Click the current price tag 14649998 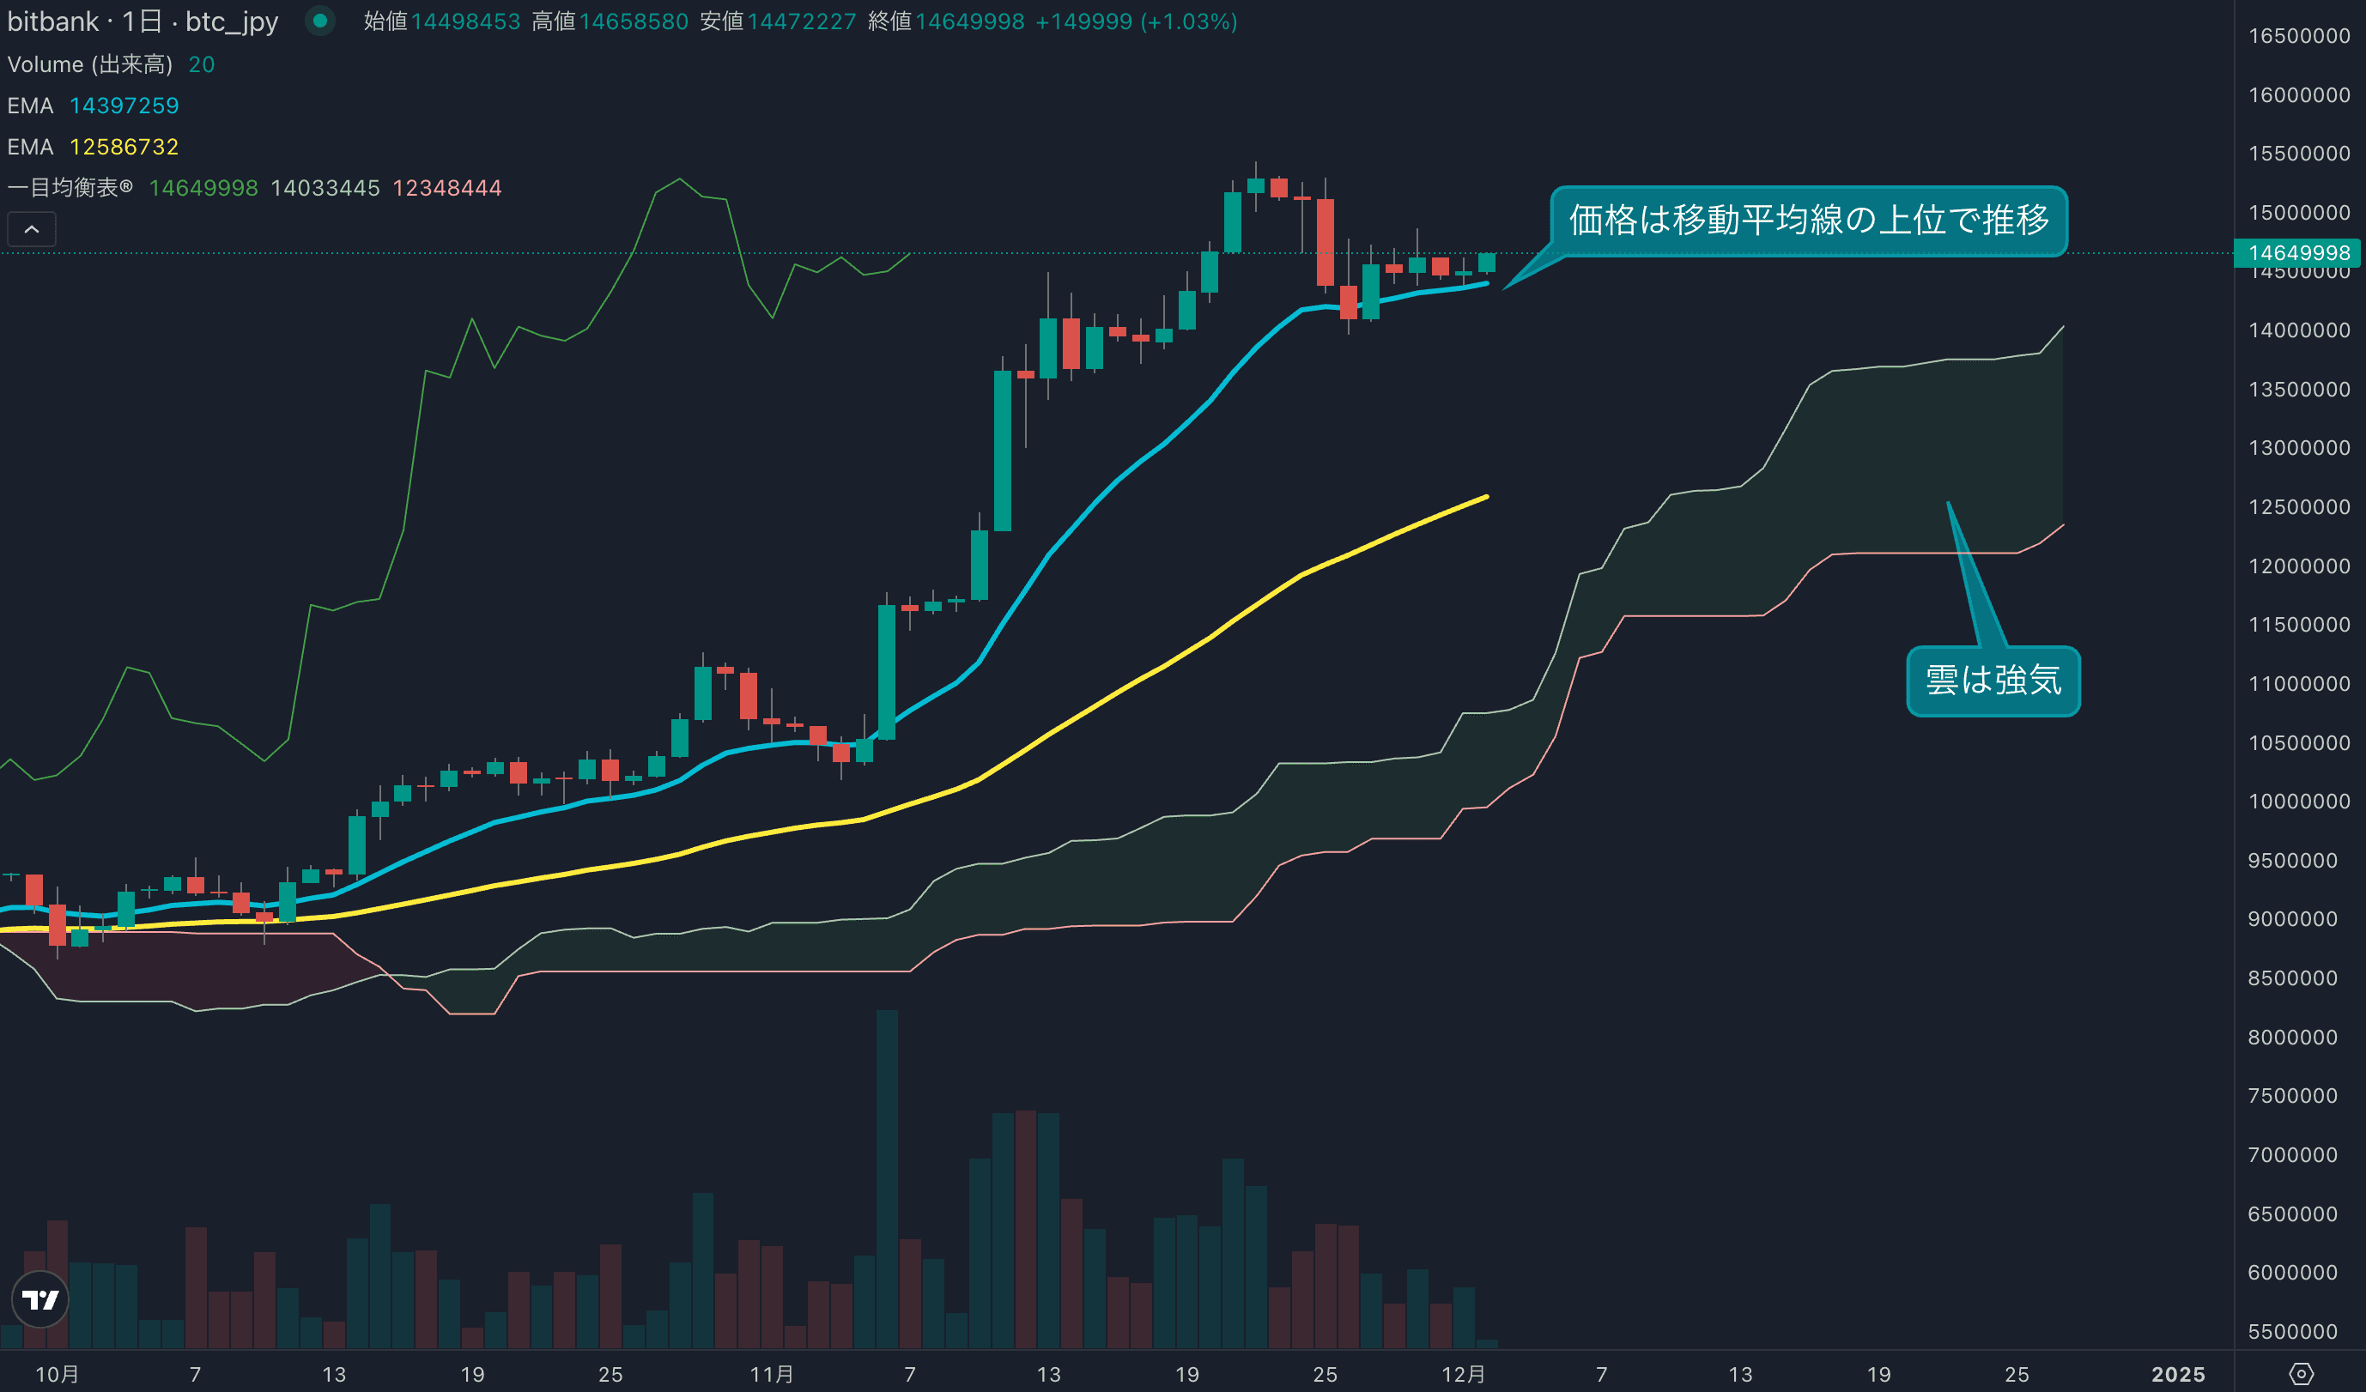2298,252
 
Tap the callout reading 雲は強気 1993,681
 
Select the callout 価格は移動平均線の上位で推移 1808,221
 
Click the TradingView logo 40,1299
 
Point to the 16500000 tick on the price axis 2298,36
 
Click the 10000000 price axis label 2298,802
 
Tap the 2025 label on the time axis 2177,1374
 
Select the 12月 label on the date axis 1463,1374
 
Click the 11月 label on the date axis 771,1374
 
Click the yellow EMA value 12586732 124,147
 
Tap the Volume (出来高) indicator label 89,64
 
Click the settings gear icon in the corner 2302,1374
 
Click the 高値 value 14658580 634,21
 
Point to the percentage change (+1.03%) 1187,21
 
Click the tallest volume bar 886,1178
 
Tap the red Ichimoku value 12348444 447,188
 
